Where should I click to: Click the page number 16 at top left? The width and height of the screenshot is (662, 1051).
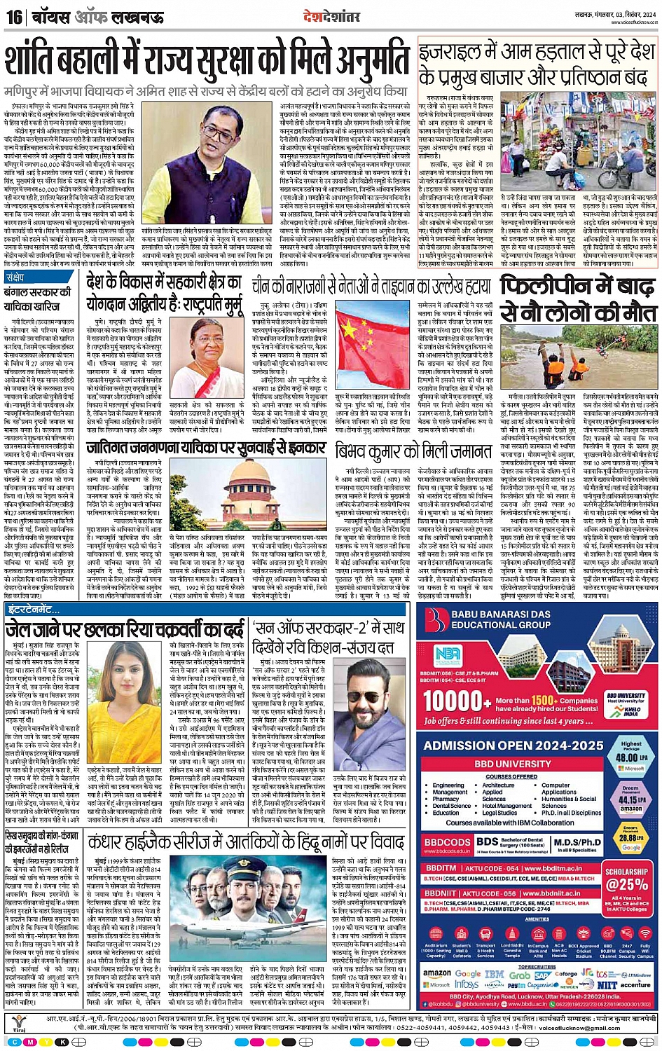(13, 16)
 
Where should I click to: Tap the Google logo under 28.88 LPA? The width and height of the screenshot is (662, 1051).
(630, 846)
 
